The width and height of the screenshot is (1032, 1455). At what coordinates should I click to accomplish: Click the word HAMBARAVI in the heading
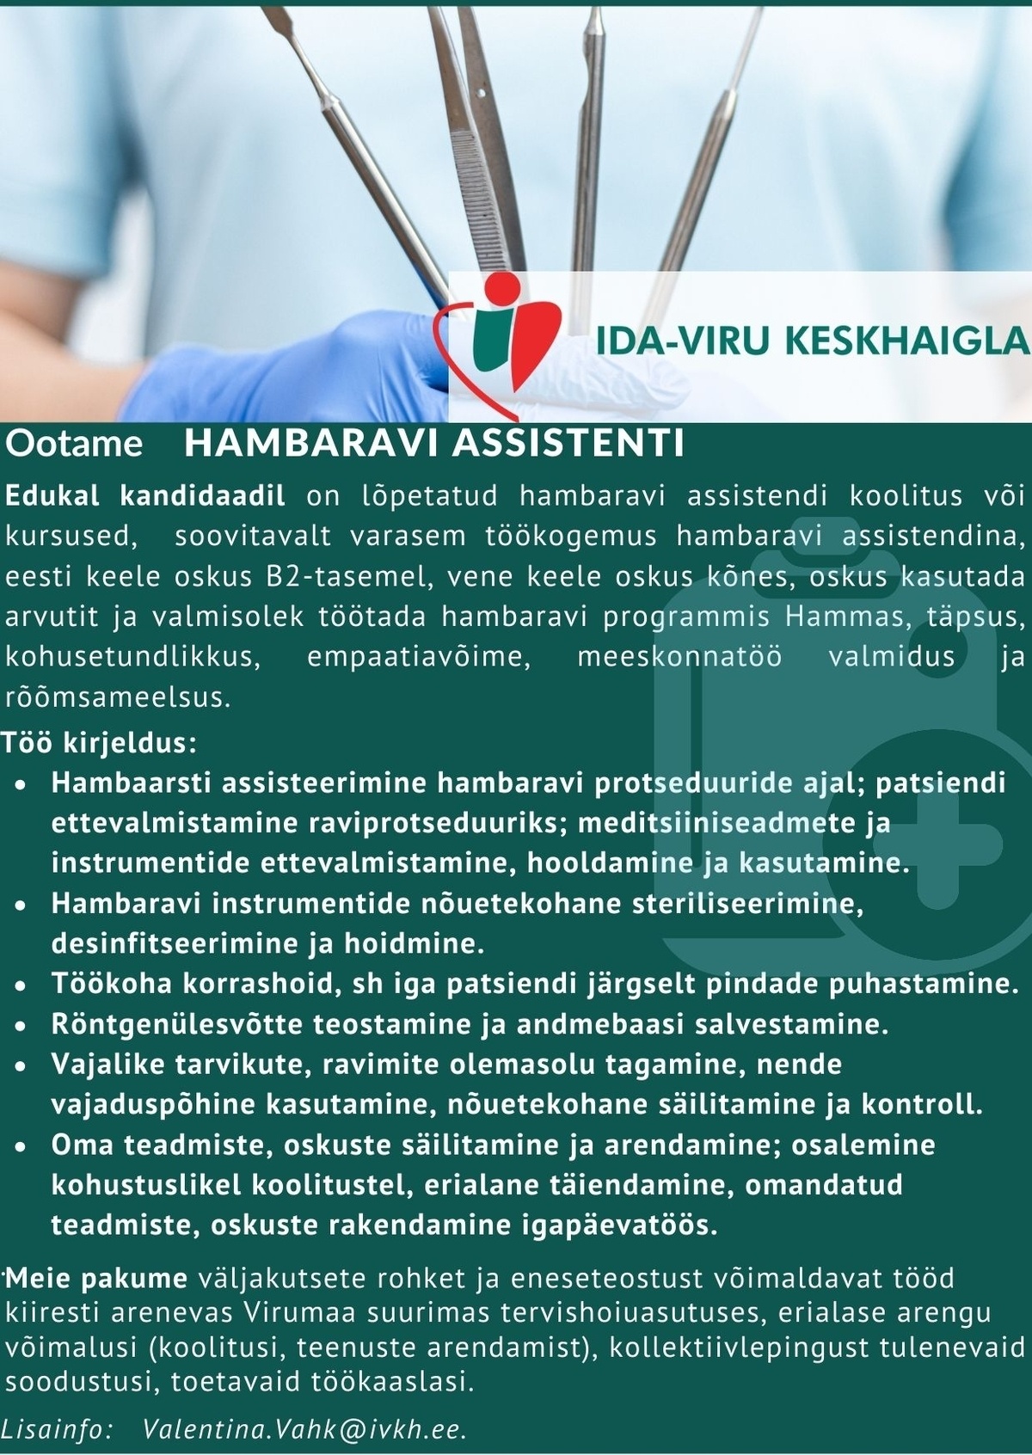click(312, 444)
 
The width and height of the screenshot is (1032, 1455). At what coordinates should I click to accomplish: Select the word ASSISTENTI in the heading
click(568, 444)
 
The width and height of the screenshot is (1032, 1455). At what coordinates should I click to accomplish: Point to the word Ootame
click(74, 444)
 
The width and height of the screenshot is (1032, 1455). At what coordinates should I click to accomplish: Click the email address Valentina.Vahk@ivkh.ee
click(305, 1429)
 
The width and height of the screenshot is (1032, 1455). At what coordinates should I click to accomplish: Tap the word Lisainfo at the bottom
click(57, 1429)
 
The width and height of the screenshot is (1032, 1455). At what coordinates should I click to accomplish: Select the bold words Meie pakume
click(96, 1278)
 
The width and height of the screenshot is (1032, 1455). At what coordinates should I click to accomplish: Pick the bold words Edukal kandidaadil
click(145, 496)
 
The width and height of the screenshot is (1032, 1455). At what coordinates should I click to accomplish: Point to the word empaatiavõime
click(415, 657)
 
